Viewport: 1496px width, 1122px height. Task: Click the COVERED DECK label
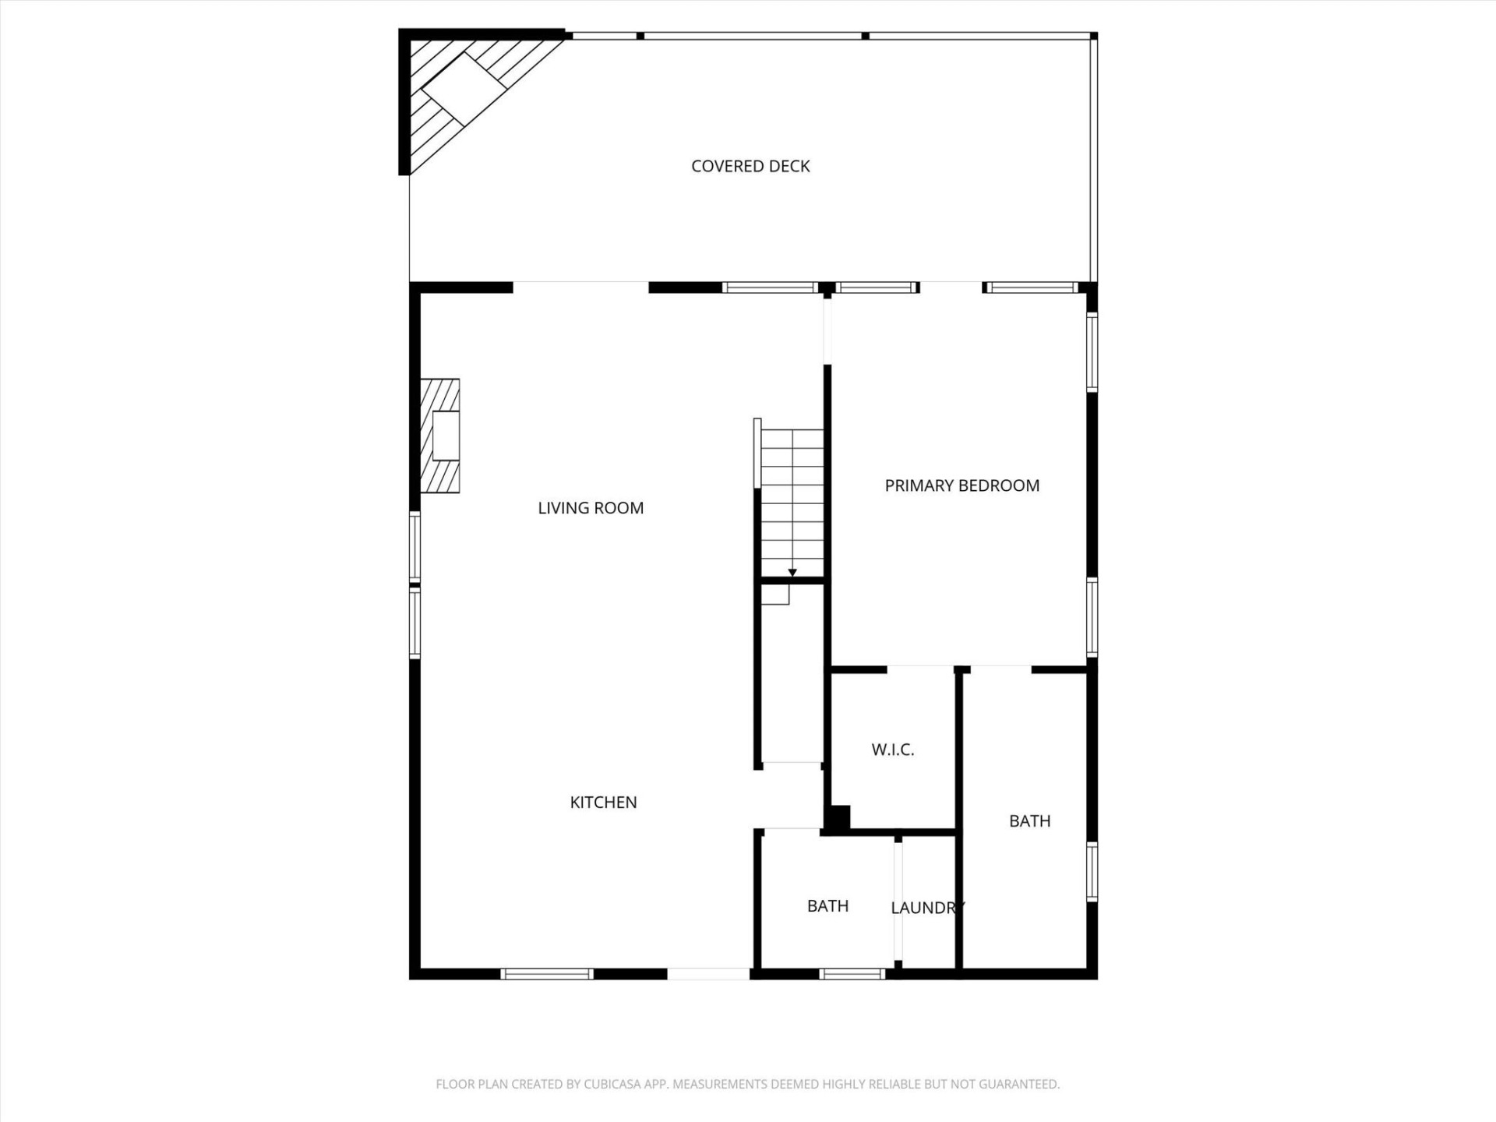tap(750, 166)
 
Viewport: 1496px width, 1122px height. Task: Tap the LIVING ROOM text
tap(591, 508)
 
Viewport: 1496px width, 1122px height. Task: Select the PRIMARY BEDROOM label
tap(961, 485)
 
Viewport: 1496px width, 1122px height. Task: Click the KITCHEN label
tap(603, 803)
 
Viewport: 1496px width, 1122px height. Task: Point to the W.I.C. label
tap(892, 750)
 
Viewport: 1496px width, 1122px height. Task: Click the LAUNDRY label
tap(927, 908)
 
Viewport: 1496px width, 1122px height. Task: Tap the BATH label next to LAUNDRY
tap(827, 906)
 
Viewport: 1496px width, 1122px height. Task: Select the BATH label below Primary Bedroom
tap(1029, 821)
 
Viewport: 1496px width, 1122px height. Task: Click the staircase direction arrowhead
tap(792, 573)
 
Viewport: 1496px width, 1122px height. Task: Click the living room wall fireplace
tap(441, 436)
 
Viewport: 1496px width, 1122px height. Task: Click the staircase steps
tap(792, 499)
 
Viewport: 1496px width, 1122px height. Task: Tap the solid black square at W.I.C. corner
tap(838, 818)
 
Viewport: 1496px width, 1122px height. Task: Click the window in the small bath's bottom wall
tap(852, 974)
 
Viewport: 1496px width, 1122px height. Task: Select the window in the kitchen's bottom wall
tap(546, 974)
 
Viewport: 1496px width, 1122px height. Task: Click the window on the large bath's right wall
tap(1092, 873)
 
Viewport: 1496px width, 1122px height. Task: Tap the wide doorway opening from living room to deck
tap(580, 287)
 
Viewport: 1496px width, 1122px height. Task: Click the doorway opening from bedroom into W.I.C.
tap(920, 669)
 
